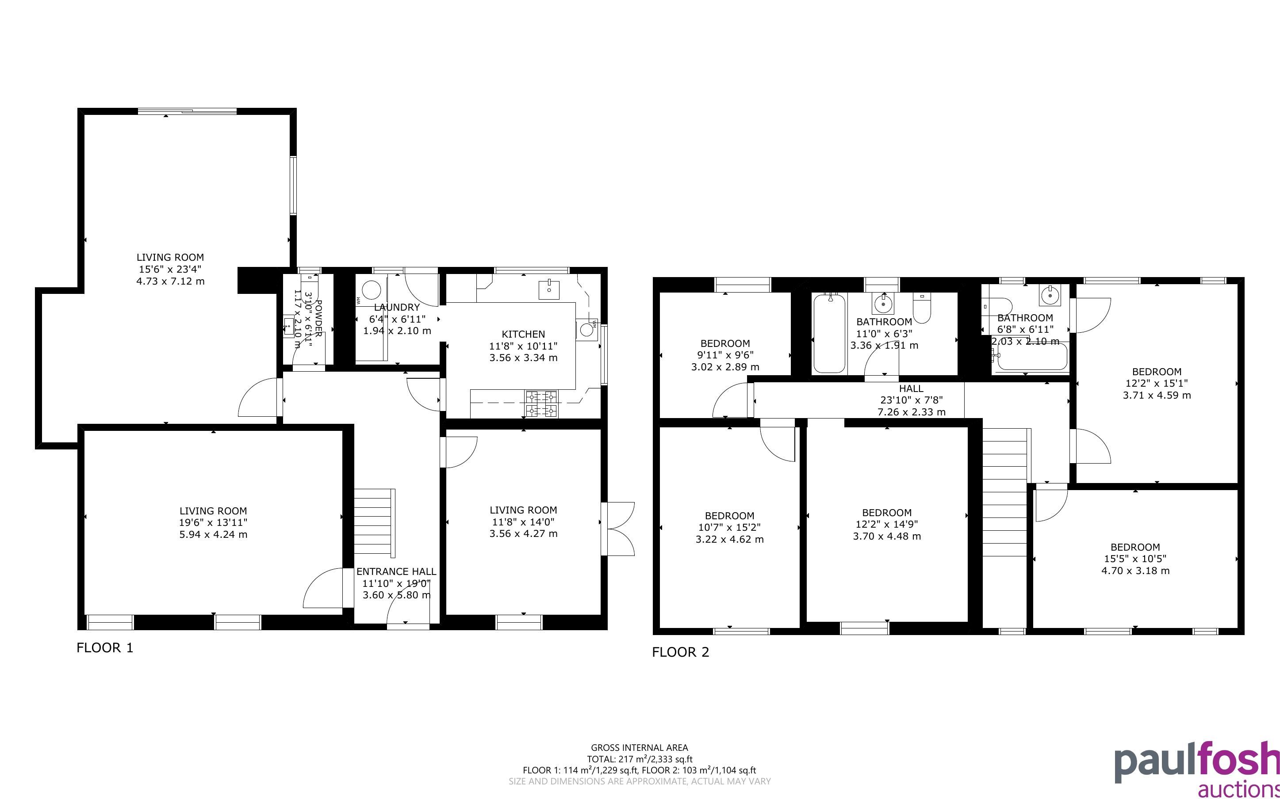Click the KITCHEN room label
[523, 334]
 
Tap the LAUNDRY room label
[397, 307]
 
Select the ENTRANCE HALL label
[396, 571]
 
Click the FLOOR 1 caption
[105, 648]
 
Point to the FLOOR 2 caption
[680, 652]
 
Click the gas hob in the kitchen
[541, 404]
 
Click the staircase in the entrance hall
[374, 523]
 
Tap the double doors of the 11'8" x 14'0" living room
[617, 529]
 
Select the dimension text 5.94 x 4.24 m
[213, 534]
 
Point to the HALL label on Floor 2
[911, 388]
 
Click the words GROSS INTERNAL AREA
[639, 748]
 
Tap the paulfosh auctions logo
[1197, 769]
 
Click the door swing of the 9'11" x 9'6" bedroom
[732, 400]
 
